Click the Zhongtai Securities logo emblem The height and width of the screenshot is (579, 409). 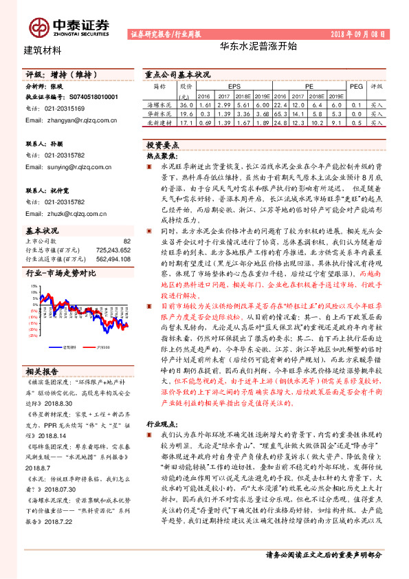pyautogui.click(x=39, y=27)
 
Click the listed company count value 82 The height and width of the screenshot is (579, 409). pyautogui.click(x=126, y=241)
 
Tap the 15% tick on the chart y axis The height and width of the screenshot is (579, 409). pyautogui.click(x=34, y=279)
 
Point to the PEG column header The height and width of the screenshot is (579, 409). pyautogui.click(x=356, y=87)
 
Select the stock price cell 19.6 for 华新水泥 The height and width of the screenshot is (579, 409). pyautogui.click(x=184, y=113)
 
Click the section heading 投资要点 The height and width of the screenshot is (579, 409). pyautogui.click(x=162, y=146)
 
